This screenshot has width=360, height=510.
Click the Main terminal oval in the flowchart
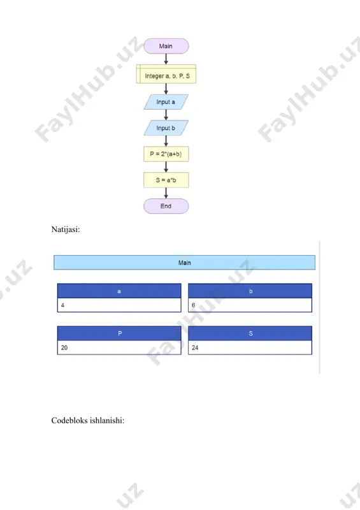tap(166, 46)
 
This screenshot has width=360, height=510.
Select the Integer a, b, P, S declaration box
tap(166, 74)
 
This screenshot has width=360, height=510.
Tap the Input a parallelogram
tap(166, 102)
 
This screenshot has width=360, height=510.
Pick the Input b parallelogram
tap(166, 128)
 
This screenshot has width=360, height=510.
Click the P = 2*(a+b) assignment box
tap(166, 154)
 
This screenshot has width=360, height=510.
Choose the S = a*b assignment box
tap(166, 180)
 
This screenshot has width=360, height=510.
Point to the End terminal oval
tap(166, 206)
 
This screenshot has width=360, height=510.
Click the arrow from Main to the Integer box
tap(166, 59)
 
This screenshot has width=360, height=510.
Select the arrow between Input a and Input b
tap(166, 115)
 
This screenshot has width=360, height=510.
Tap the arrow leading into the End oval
tap(166, 193)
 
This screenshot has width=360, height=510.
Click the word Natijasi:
tap(66, 229)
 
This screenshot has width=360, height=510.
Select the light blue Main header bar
tap(184, 263)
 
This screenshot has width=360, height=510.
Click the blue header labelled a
tap(119, 291)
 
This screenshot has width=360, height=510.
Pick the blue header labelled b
tap(250, 291)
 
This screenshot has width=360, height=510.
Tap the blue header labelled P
tap(119, 333)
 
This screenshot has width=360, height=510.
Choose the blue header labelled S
tap(250, 333)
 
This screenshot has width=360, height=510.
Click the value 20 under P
tap(64, 347)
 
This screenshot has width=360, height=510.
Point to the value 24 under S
tap(195, 347)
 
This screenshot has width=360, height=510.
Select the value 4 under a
tap(63, 305)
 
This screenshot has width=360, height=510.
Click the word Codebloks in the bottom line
tap(69, 420)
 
